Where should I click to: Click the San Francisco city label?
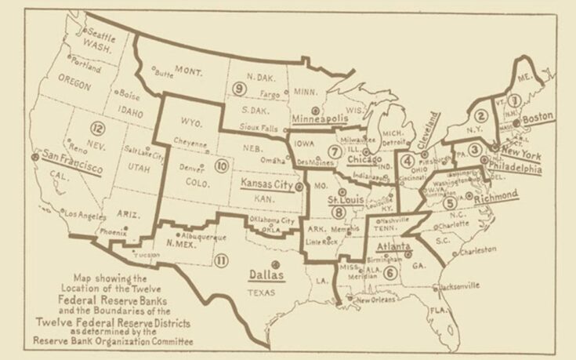tap(74, 161)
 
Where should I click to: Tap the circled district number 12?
tap(97, 129)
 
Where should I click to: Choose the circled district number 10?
tap(222, 165)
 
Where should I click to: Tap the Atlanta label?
tap(394, 247)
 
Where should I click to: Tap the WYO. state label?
tap(190, 123)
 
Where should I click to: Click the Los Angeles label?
tap(82, 213)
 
